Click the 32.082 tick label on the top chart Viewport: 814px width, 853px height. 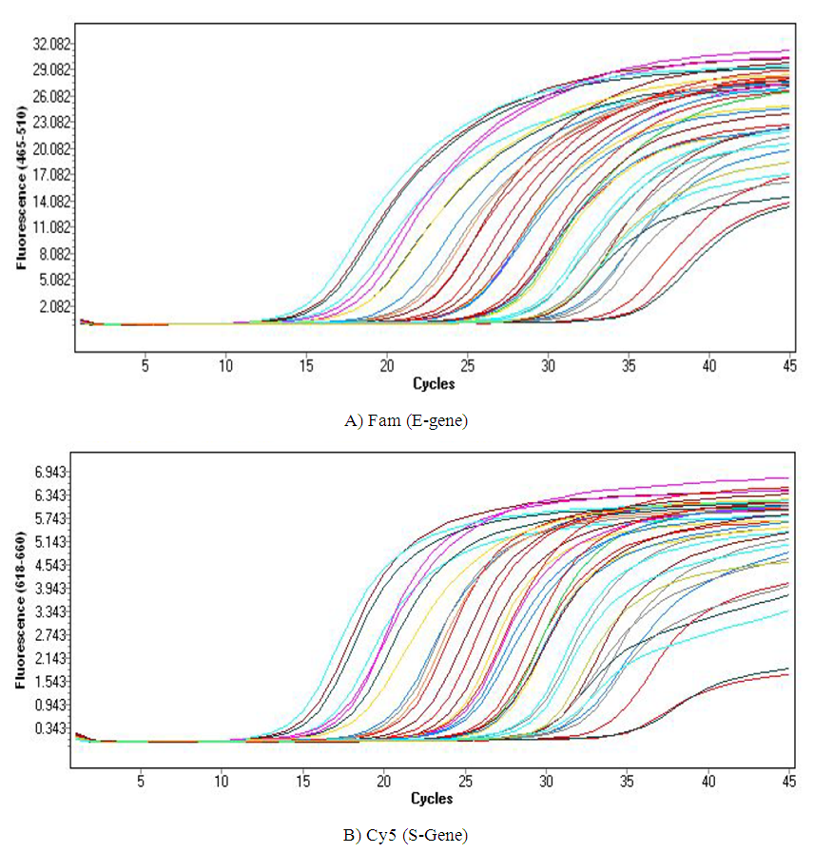coord(51,44)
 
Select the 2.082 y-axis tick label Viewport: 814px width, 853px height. coord(54,306)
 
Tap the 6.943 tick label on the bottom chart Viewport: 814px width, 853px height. coord(51,473)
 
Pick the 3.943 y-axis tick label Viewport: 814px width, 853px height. coord(51,589)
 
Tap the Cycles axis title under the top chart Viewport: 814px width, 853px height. coord(434,384)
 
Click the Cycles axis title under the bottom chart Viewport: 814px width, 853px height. coord(431,797)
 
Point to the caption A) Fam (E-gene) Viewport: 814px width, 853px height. coord(406,420)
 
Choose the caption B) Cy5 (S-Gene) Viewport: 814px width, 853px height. coord(406,836)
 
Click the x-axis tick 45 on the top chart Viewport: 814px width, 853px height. coord(788,365)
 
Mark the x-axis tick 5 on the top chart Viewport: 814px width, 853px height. coord(145,365)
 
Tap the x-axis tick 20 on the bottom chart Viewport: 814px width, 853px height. coord(383,780)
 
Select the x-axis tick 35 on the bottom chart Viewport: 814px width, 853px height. coord(627,780)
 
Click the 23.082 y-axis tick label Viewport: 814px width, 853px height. coord(51,123)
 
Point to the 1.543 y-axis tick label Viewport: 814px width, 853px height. coord(51,682)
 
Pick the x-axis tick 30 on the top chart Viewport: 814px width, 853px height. coord(547,365)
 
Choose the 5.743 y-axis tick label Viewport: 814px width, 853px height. coord(51,519)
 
